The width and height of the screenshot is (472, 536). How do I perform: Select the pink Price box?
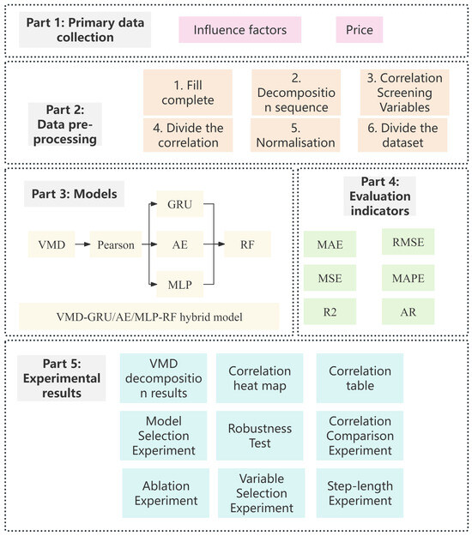[x=358, y=32]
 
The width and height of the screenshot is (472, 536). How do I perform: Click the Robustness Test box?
[x=261, y=435]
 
